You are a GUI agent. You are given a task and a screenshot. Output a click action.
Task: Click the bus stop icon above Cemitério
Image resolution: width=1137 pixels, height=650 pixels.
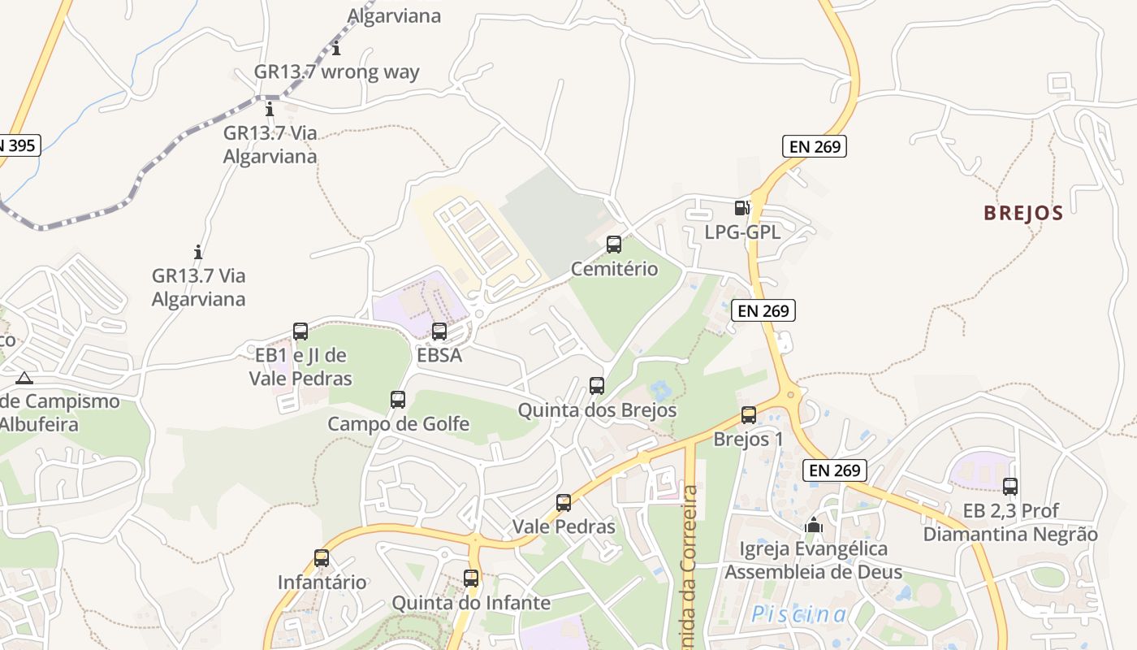click(614, 245)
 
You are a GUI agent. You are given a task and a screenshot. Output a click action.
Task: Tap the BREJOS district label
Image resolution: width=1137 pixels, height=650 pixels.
click(1023, 214)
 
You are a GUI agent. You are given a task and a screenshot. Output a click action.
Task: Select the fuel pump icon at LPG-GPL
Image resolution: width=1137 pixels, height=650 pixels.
click(741, 208)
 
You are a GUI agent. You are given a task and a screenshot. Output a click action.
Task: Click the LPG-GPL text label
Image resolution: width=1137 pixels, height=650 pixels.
click(742, 232)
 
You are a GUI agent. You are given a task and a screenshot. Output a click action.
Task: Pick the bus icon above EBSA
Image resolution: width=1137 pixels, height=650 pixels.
click(439, 331)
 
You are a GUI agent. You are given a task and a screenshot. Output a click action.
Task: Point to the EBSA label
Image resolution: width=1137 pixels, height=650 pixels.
click(439, 355)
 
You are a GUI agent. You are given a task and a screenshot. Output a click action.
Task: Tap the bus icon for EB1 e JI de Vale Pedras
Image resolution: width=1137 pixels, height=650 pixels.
click(300, 331)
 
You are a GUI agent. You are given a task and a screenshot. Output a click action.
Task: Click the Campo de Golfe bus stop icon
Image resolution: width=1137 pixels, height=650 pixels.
click(398, 400)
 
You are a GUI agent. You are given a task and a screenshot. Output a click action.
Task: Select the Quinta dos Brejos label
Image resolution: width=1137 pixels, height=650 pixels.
click(597, 410)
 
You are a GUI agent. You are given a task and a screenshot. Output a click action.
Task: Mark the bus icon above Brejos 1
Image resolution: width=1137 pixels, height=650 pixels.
click(749, 415)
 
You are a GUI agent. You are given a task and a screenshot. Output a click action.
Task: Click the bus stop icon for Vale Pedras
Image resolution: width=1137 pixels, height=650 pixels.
click(564, 503)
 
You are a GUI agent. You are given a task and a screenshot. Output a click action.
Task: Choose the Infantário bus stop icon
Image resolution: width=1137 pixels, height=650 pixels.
click(322, 558)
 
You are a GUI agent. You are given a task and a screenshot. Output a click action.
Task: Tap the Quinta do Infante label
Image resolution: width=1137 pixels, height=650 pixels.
click(471, 603)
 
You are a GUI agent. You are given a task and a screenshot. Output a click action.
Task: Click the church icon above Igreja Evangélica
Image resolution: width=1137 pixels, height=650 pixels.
click(813, 526)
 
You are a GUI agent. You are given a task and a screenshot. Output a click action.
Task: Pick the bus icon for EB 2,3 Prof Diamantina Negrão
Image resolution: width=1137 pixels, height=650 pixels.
click(1010, 487)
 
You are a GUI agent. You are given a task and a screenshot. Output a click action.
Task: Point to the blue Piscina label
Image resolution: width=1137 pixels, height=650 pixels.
click(799, 614)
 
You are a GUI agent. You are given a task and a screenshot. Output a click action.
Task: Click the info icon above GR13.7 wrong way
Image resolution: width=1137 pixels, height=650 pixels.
click(336, 49)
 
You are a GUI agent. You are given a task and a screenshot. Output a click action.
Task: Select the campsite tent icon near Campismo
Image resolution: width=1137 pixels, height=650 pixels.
click(24, 378)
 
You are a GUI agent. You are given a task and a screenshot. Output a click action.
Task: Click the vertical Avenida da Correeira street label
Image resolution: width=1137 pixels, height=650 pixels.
click(690, 561)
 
